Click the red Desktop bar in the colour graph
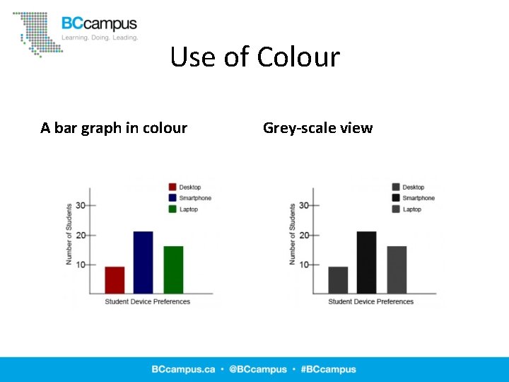click(x=115, y=279)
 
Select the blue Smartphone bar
click(x=143, y=262)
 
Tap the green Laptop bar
click(x=173, y=270)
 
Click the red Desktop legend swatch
click(x=172, y=187)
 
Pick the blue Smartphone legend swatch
click(x=172, y=198)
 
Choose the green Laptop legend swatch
click(x=172, y=209)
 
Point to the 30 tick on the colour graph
click(x=83, y=205)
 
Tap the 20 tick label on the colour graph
click(x=81, y=235)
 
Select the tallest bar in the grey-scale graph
click(x=366, y=262)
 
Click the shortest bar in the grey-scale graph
click(x=338, y=279)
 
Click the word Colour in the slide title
click(x=298, y=57)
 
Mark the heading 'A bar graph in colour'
click(x=114, y=128)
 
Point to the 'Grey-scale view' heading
click(x=317, y=128)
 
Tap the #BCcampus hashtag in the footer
click(x=328, y=369)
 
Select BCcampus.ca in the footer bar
click(x=182, y=369)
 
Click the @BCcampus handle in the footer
click(x=257, y=369)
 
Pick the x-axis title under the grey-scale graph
click(x=370, y=302)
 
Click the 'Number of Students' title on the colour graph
click(x=69, y=234)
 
